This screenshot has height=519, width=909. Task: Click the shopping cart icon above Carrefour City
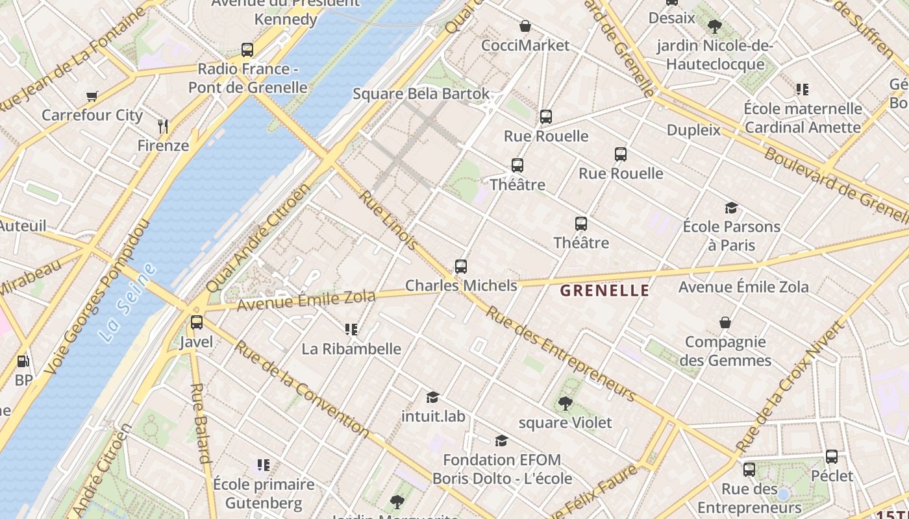(x=92, y=96)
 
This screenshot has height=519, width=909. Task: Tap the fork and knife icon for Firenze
(x=163, y=127)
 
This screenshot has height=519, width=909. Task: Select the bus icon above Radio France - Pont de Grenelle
(x=247, y=49)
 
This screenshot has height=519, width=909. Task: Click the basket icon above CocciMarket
(x=525, y=26)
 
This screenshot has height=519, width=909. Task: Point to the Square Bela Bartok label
(x=421, y=93)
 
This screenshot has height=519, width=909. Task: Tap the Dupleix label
(x=693, y=130)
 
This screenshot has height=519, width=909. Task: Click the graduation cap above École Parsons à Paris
(x=731, y=208)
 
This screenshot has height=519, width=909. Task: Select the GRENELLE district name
(x=604, y=290)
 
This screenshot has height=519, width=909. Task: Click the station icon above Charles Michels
(x=461, y=266)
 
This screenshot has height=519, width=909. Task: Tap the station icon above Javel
(x=196, y=322)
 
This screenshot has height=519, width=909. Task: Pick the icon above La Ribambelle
(x=351, y=330)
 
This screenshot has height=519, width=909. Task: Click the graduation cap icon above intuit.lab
(x=432, y=397)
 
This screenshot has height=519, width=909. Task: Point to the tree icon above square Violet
(x=565, y=404)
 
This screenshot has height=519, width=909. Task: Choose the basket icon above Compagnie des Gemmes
(x=725, y=322)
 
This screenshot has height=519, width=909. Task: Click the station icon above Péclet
(x=832, y=457)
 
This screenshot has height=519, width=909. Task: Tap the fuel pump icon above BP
(x=23, y=361)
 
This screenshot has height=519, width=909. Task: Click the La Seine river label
(x=128, y=303)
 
